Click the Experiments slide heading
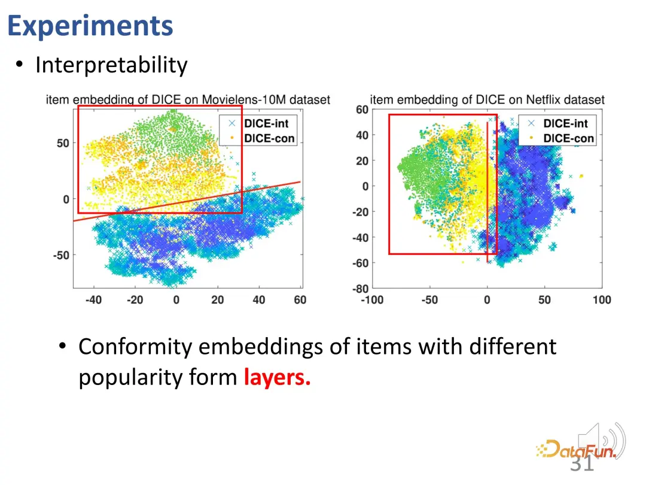(90, 26)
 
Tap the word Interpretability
(111, 65)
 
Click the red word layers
(277, 377)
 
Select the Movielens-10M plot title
(188, 100)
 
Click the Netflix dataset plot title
(487, 100)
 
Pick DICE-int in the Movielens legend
(266, 123)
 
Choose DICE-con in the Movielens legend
(269, 138)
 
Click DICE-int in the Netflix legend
(566, 123)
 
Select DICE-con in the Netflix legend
(569, 138)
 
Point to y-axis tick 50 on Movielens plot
(63, 144)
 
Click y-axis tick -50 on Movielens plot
(61, 255)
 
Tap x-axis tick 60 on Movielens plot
(300, 300)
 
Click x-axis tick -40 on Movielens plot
(93, 300)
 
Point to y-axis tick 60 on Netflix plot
(362, 110)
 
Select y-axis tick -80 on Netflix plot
(361, 288)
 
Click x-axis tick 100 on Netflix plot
(602, 300)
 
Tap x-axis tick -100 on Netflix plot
(372, 300)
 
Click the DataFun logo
(576, 448)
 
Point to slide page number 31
(582, 463)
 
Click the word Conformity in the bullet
(135, 347)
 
